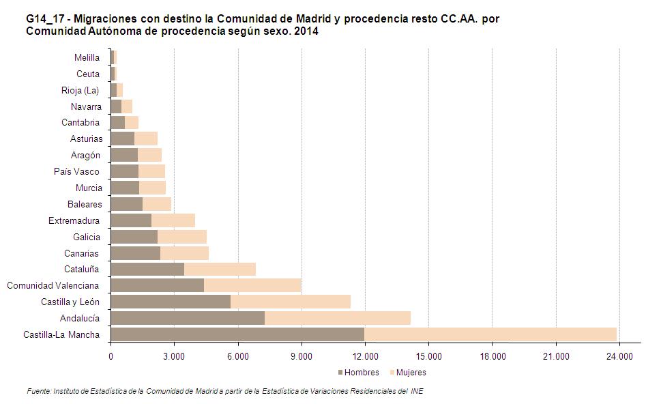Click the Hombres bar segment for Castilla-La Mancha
click(x=237, y=334)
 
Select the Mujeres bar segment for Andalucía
click(x=338, y=318)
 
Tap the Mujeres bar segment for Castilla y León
click(x=291, y=302)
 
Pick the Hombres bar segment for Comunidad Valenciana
click(x=157, y=285)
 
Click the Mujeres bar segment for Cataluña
click(x=220, y=269)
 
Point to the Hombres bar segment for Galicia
click(x=134, y=237)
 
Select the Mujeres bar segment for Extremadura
click(x=173, y=220)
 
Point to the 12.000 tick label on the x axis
click(x=365, y=356)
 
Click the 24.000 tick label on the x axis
click(x=619, y=356)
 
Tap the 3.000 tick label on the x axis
click(x=174, y=356)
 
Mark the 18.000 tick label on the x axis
click(x=493, y=356)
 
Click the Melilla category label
click(x=87, y=58)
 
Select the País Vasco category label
click(x=77, y=172)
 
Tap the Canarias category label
click(x=81, y=253)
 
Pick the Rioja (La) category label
click(x=80, y=90)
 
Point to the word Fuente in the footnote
click(x=38, y=392)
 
